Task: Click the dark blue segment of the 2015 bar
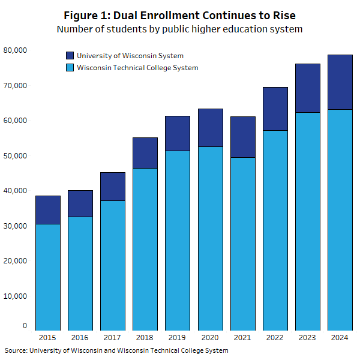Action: (48, 209)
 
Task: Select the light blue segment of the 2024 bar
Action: (340, 220)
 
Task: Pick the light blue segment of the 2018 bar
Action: (145, 249)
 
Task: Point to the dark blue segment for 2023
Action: (308, 88)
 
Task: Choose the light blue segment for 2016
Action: (80, 273)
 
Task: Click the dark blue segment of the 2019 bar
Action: (178, 133)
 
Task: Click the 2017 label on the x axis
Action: (113, 338)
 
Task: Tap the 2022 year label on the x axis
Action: (275, 338)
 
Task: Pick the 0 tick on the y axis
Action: (25, 326)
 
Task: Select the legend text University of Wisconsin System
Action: (130, 56)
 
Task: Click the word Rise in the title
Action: (281, 14)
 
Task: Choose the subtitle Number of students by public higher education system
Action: (179, 29)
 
